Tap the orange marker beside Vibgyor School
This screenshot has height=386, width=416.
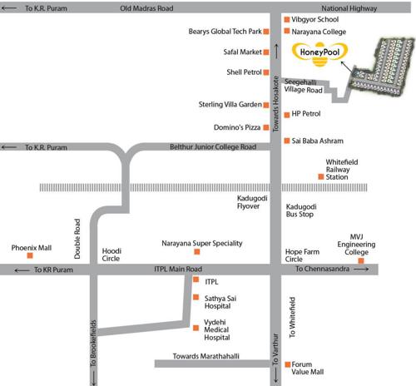285,18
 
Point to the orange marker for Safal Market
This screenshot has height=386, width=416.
265,52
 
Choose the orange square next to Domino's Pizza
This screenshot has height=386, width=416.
265,127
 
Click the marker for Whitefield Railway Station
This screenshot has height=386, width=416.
319,176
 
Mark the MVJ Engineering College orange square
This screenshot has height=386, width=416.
361,262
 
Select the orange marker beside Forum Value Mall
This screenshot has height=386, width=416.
285,364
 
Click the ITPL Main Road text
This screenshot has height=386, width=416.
178,270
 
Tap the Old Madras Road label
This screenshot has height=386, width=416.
146,7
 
